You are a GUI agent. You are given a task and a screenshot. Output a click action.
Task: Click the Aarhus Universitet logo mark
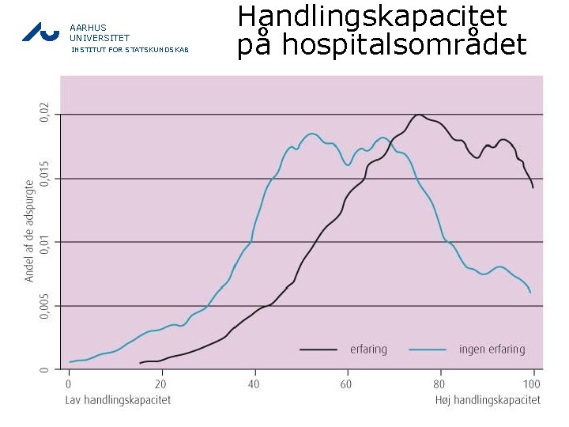(40, 31)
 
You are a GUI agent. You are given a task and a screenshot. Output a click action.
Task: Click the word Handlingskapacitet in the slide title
(372, 17)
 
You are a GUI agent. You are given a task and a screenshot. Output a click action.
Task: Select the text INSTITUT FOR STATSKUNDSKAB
(130, 50)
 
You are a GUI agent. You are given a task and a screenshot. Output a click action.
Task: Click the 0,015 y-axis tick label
(44, 176)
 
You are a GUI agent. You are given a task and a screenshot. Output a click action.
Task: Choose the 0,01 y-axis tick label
(44, 241)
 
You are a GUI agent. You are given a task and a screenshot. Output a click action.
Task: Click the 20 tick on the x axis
(160, 384)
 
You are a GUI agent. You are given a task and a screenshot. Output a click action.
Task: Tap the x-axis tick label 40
(253, 384)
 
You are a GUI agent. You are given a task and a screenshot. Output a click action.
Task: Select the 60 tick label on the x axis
(346, 384)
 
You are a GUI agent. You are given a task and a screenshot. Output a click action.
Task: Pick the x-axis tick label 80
(439, 384)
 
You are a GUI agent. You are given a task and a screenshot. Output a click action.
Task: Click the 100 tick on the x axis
(532, 384)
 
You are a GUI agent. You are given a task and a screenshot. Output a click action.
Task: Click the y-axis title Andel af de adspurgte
(29, 230)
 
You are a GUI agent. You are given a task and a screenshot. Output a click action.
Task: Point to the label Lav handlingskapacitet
(118, 400)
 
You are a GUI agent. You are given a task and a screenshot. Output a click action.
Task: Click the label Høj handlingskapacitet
(488, 400)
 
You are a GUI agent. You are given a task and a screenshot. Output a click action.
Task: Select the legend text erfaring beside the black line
(368, 349)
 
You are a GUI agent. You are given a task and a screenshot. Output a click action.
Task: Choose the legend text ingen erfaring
(492, 349)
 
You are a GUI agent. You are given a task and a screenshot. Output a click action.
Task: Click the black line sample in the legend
(319, 349)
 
